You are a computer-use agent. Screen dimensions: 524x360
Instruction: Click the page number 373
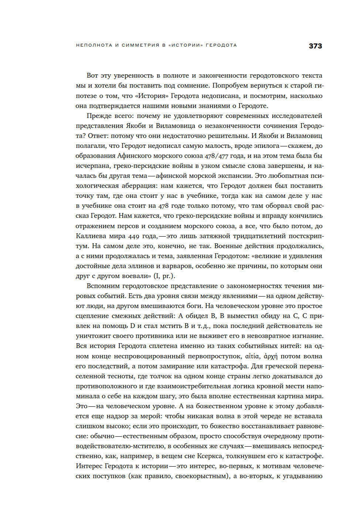coord(315,46)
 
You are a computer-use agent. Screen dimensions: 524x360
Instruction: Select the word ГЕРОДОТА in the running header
coord(221,45)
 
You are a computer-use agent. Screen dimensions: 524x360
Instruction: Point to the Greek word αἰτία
coord(252,356)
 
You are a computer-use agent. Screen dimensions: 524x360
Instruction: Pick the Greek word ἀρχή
coord(270,356)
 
